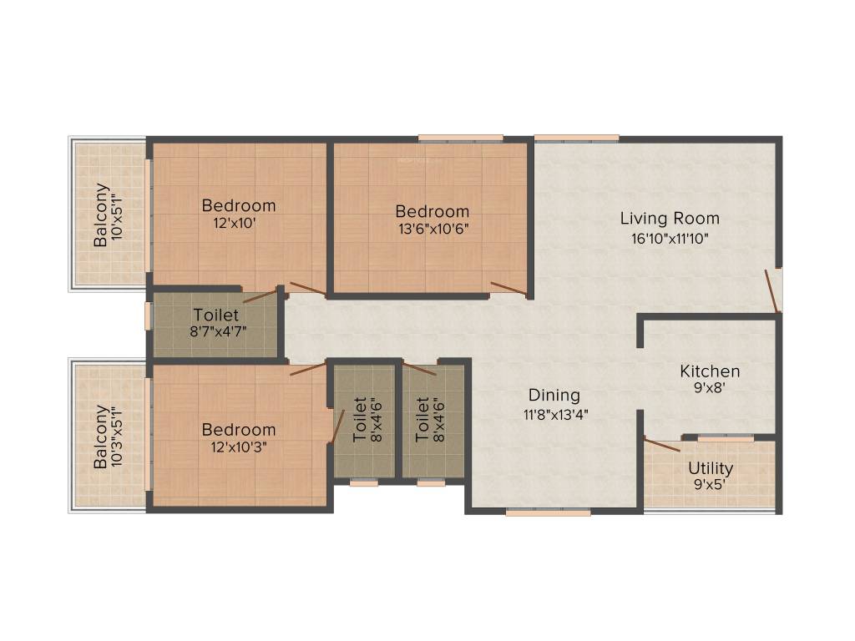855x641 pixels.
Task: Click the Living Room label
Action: coord(669,219)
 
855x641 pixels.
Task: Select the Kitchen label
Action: coord(710,371)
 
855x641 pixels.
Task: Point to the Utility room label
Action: coord(711,468)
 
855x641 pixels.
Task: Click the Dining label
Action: coord(554,396)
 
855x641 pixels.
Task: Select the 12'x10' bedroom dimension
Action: coord(238,224)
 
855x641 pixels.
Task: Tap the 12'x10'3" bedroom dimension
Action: coord(239,447)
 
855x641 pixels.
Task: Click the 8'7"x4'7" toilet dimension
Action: coord(216,331)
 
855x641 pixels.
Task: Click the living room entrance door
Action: coord(773,291)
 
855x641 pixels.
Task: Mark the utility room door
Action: coord(662,444)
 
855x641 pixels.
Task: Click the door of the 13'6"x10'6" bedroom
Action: coord(508,290)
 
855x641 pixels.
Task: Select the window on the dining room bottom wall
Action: coord(548,512)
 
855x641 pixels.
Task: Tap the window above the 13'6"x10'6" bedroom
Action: coord(461,138)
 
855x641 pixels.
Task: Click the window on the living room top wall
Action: coord(576,138)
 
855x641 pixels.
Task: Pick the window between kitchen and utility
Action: coord(726,438)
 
